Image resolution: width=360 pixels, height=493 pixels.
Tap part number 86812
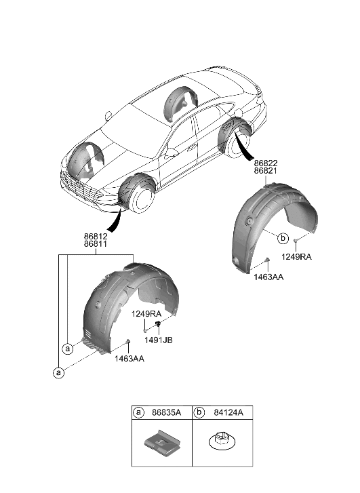click(x=96, y=235)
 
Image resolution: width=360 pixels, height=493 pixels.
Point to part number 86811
click(x=96, y=244)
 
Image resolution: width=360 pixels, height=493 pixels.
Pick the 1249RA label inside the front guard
click(x=147, y=314)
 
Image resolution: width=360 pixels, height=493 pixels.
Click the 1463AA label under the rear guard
click(x=268, y=277)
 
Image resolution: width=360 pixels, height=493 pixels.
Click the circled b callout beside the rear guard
click(x=283, y=238)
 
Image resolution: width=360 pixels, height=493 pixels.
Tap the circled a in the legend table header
click(x=139, y=412)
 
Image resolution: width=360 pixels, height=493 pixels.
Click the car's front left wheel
click(x=141, y=196)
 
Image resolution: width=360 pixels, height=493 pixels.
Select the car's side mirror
click(x=170, y=153)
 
